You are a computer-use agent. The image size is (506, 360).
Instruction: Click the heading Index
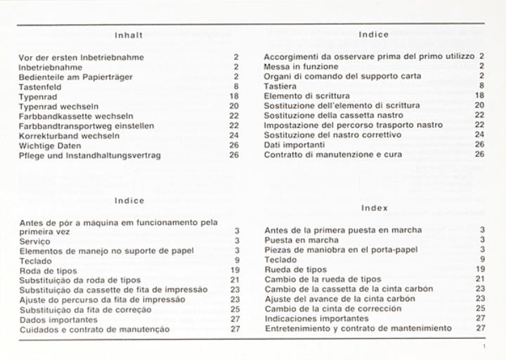coord(374,207)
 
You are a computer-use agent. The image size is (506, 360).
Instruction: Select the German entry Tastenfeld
coord(39,85)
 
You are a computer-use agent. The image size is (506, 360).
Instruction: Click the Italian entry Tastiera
coord(280,85)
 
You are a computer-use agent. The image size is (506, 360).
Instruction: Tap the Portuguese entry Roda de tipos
coord(48,270)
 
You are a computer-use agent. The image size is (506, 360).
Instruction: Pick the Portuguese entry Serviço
coord(35,240)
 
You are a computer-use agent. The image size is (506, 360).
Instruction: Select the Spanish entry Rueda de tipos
coord(296,269)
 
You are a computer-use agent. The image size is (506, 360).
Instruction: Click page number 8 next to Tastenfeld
coord(237,85)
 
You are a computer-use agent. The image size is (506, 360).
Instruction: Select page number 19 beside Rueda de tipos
coord(481,269)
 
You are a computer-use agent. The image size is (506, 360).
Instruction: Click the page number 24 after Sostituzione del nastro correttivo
coord(480,134)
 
